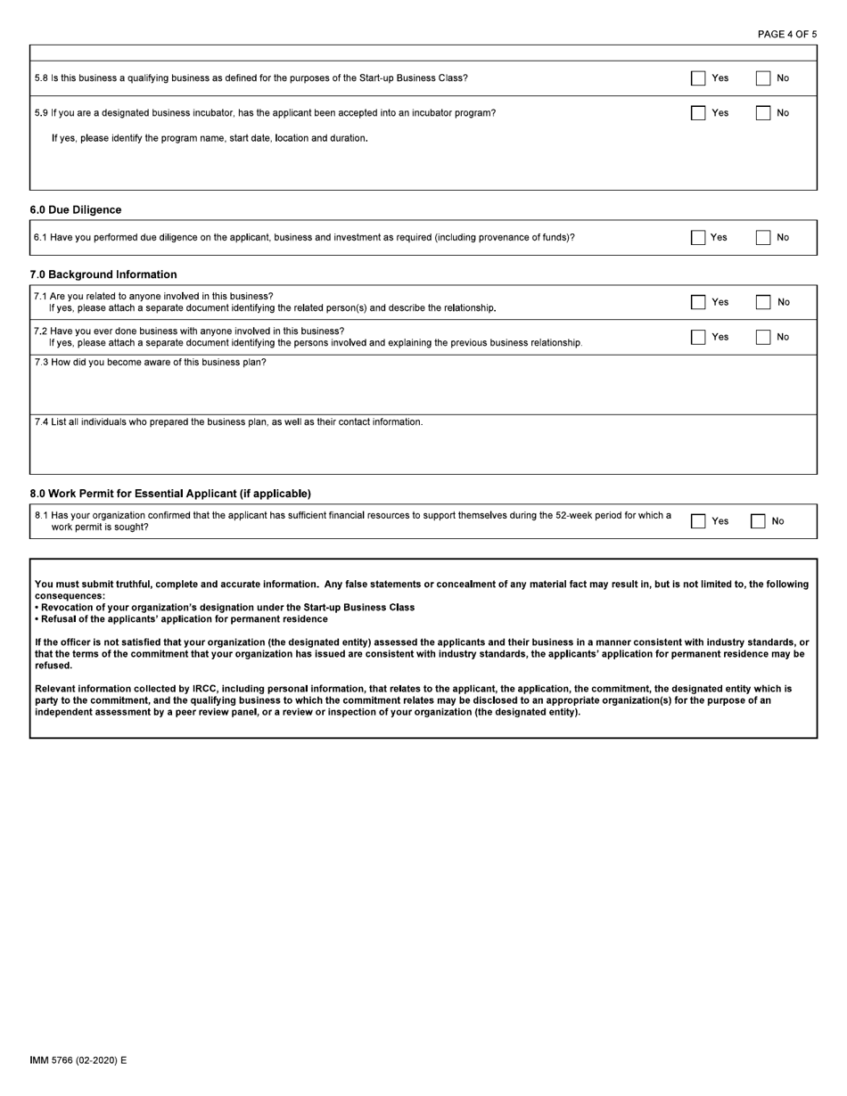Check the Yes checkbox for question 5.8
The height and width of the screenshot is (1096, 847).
coord(698,78)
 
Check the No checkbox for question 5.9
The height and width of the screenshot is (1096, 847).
coord(763,113)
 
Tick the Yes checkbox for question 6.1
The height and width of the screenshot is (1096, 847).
coord(698,238)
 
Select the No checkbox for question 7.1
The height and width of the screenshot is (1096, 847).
coord(763,302)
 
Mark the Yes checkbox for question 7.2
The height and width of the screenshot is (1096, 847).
coord(698,337)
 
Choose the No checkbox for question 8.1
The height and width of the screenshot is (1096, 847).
coord(758,521)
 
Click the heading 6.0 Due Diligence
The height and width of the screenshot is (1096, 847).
coord(76,210)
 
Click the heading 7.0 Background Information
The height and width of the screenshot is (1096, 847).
coord(103,274)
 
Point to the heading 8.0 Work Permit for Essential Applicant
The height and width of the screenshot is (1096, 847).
coord(170,494)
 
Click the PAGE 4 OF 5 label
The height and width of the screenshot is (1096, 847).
coord(786,35)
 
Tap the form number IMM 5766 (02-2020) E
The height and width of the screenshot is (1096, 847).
coord(78,1060)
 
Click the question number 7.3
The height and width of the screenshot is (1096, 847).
coord(41,363)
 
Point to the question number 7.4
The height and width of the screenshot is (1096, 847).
coord(41,422)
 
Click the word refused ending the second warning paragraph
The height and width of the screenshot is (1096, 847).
coord(53,666)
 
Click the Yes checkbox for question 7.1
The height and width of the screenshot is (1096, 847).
coord(698,302)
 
